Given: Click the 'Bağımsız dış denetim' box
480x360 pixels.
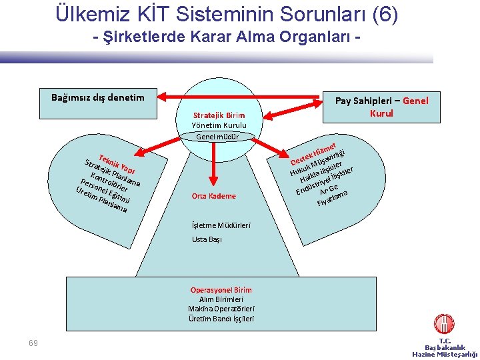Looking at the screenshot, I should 97,97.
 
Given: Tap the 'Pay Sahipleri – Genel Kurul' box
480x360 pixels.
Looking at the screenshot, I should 381,107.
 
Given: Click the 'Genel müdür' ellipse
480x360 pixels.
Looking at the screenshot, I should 218,137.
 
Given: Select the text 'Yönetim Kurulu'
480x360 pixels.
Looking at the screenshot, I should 219,125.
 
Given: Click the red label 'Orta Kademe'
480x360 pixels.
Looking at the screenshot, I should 213,196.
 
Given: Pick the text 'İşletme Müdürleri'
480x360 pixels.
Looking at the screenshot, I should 221,225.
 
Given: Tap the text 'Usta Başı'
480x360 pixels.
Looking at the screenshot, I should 207,239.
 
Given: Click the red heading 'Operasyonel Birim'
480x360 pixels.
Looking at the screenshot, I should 221,290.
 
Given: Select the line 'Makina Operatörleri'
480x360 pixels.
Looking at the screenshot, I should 221,309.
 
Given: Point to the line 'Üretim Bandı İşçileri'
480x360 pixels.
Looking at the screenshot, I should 221,319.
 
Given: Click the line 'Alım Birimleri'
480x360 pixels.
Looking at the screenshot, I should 221,299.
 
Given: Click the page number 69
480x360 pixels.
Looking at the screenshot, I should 33,343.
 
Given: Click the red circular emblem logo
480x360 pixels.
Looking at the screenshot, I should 444,324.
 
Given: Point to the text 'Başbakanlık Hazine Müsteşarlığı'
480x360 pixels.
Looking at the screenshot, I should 445,351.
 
